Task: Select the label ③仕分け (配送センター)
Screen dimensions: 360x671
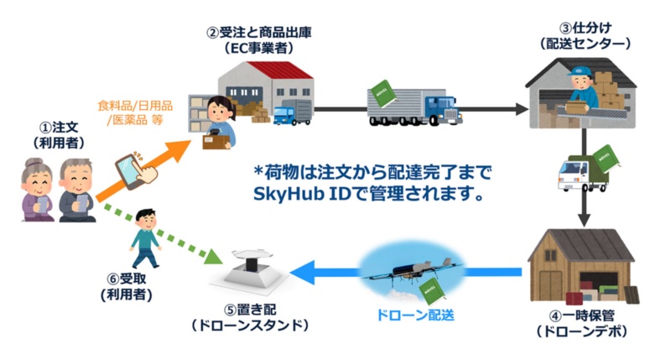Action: point(581,34)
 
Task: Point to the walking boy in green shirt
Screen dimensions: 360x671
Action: point(144,235)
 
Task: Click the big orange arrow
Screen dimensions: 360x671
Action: point(151,173)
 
